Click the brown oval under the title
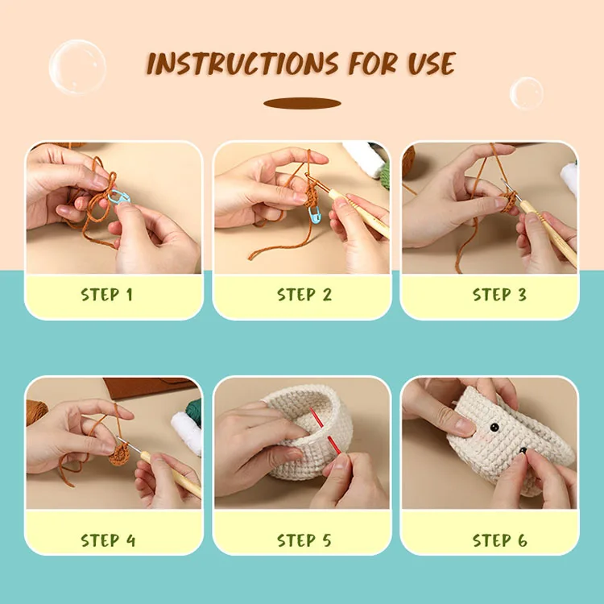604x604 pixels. click(302, 103)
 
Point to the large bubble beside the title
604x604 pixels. click(77, 66)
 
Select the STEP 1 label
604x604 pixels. click(106, 295)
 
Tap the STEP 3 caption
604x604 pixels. click(499, 295)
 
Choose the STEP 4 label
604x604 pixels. click(108, 540)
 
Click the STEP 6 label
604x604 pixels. click(499, 540)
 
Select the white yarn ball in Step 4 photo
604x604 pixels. click(186, 431)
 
